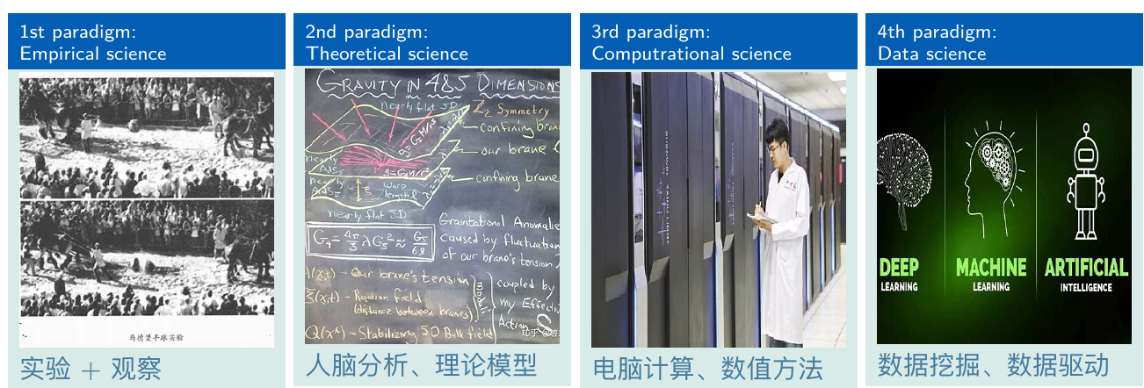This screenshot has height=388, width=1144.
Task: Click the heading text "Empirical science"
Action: point(93,54)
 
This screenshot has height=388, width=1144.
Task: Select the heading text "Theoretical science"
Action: point(387,54)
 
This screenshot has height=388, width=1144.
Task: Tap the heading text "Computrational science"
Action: point(691,54)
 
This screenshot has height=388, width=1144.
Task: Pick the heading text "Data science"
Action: point(931,54)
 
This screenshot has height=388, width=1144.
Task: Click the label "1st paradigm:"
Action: point(78,32)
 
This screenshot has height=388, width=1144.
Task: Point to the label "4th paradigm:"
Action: point(937,32)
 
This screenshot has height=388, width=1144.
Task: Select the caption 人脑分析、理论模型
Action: point(421,364)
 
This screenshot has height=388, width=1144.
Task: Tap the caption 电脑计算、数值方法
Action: point(707,368)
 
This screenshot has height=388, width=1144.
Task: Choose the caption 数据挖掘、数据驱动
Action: point(994,364)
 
